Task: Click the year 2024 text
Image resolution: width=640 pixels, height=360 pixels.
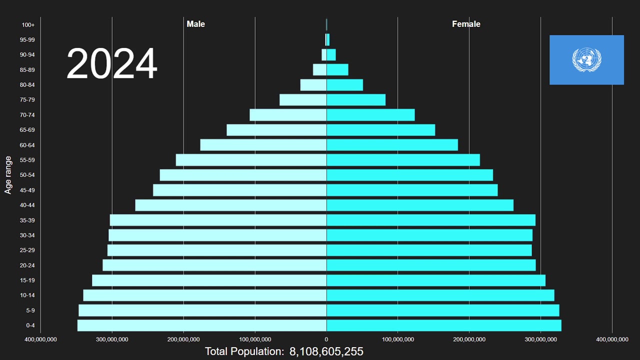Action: pyautogui.click(x=112, y=64)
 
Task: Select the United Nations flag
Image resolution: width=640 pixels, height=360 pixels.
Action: pyautogui.click(x=586, y=60)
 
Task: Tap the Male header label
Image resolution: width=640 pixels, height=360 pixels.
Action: pyautogui.click(x=195, y=24)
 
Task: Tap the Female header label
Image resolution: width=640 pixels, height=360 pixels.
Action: pyautogui.click(x=466, y=24)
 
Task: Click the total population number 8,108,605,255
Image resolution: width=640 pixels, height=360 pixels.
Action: pyautogui.click(x=326, y=351)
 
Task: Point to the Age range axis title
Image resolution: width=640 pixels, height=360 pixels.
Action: pyautogui.click(x=8, y=175)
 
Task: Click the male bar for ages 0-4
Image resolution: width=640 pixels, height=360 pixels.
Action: pyautogui.click(x=201, y=325)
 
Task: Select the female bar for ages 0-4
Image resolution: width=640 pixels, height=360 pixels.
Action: pyautogui.click(x=443, y=325)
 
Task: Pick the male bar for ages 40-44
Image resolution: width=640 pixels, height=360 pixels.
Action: pyautogui.click(x=230, y=205)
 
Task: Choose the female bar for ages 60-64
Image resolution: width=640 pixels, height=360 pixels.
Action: pyautogui.click(x=392, y=145)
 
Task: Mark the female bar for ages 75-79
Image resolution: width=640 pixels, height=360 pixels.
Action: pyautogui.click(x=356, y=100)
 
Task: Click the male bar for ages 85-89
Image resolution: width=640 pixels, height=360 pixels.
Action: pyautogui.click(x=319, y=70)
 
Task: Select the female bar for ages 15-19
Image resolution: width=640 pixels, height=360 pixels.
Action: pyautogui.click(x=435, y=280)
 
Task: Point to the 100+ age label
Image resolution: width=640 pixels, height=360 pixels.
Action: pyautogui.click(x=28, y=24)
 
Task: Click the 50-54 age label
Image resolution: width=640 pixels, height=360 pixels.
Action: pyautogui.click(x=27, y=175)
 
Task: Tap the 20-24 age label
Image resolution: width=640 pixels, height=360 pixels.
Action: pyautogui.click(x=27, y=265)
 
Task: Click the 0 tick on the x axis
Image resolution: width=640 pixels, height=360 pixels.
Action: pyautogui.click(x=326, y=339)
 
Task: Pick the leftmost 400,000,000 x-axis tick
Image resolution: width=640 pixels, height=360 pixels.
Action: pyautogui.click(x=40, y=339)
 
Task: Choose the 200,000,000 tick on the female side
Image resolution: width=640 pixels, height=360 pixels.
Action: pyautogui.click(x=469, y=339)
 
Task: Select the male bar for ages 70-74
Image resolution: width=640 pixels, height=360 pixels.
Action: pyautogui.click(x=288, y=115)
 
